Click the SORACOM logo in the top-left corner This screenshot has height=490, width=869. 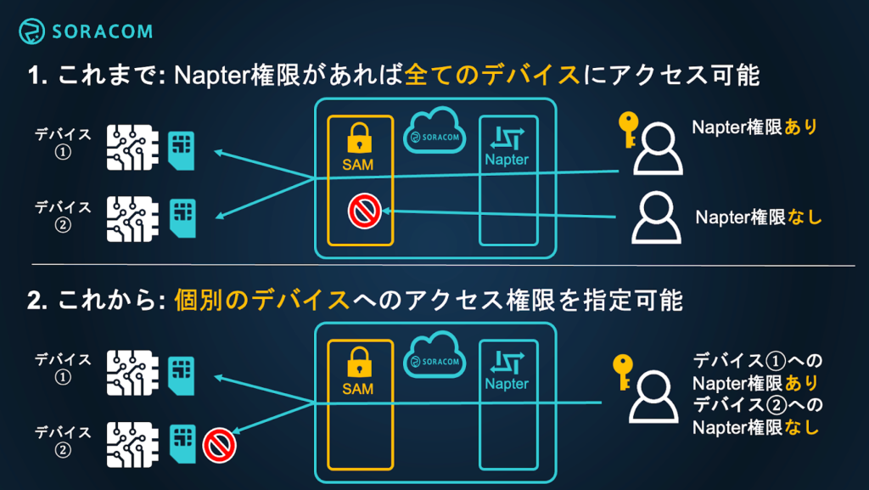(x=86, y=32)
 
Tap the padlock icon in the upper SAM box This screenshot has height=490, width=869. (x=360, y=138)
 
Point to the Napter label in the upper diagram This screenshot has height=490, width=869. (x=507, y=160)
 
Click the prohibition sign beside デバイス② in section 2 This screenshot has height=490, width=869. (x=219, y=442)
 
